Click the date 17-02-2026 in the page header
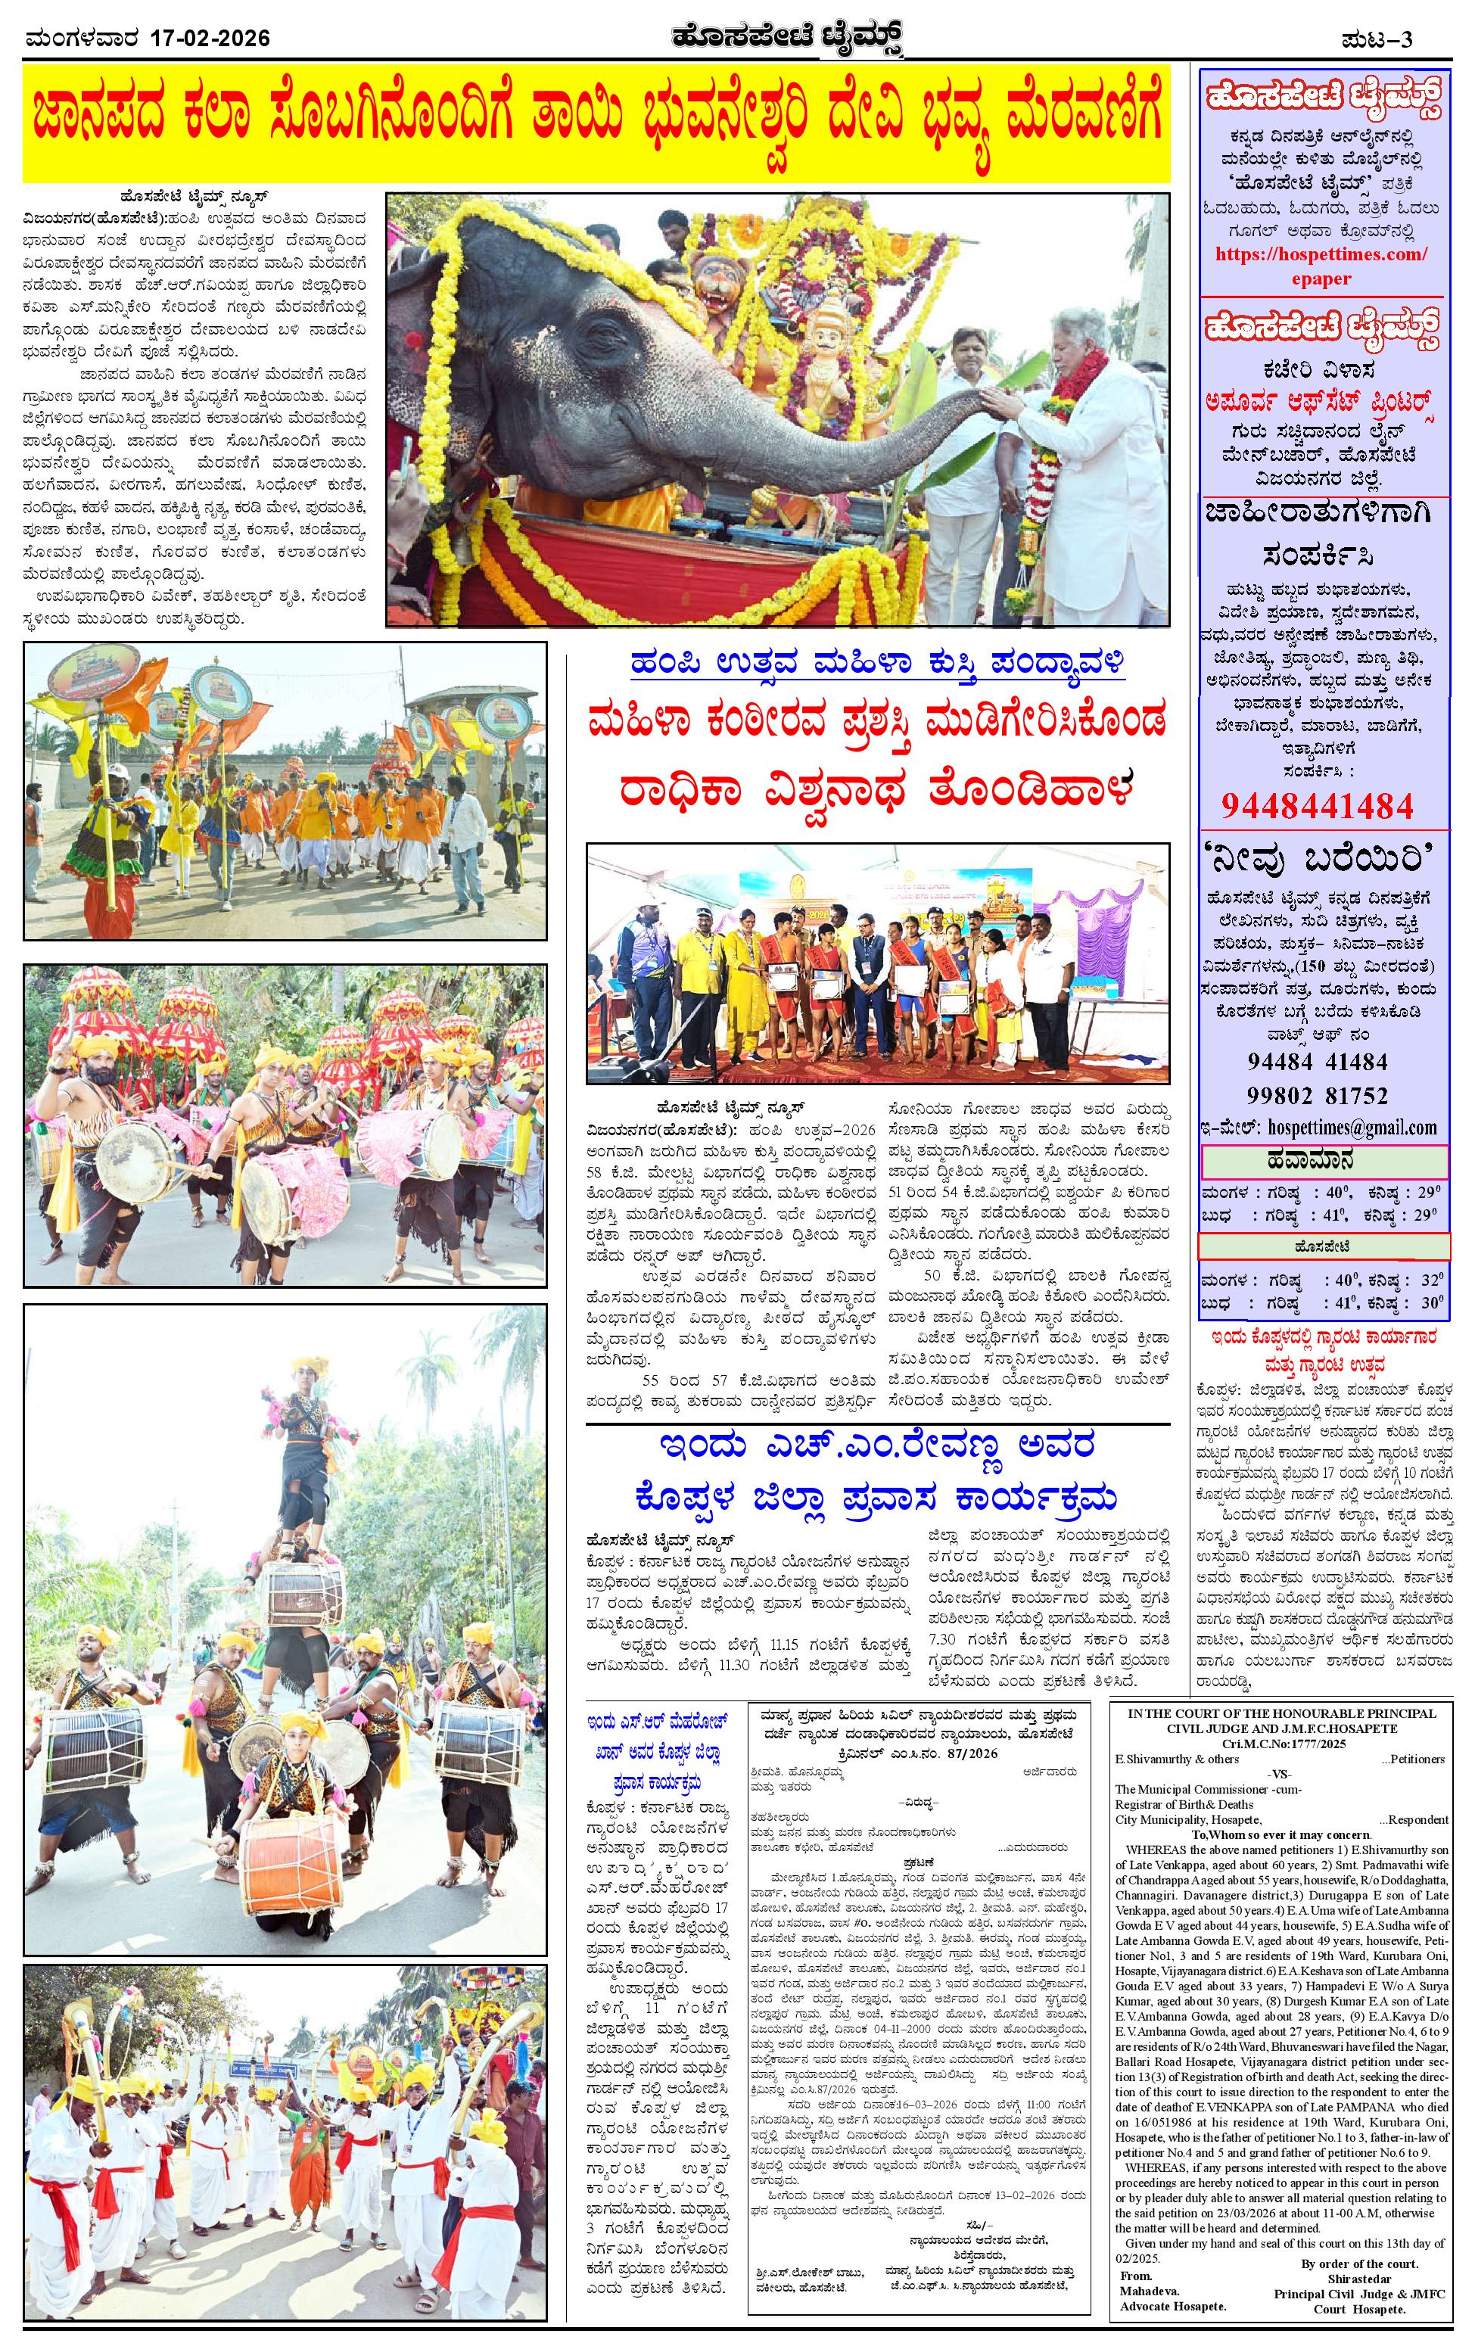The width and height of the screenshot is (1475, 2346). click(x=210, y=39)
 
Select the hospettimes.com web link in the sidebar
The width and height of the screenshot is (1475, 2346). click(x=1322, y=254)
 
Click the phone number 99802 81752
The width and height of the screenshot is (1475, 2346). click(x=1317, y=1095)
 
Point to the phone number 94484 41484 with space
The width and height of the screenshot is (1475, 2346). click(x=1317, y=1061)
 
